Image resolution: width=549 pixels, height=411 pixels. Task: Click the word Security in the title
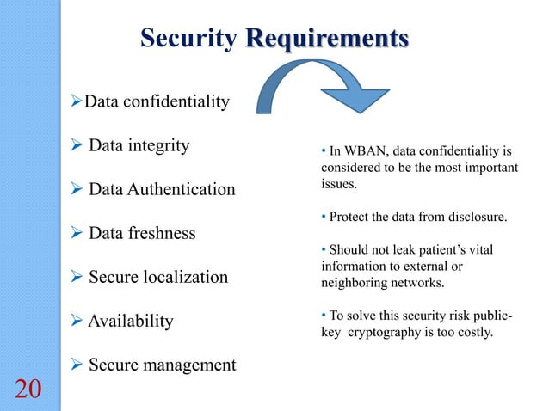(x=188, y=39)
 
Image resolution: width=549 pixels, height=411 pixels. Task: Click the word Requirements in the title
(x=326, y=39)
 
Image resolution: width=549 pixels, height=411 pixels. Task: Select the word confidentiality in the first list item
(x=178, y=103)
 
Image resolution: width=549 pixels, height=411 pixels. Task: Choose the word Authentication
(x=182, y=189)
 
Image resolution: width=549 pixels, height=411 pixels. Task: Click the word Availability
(x=131, y=321)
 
